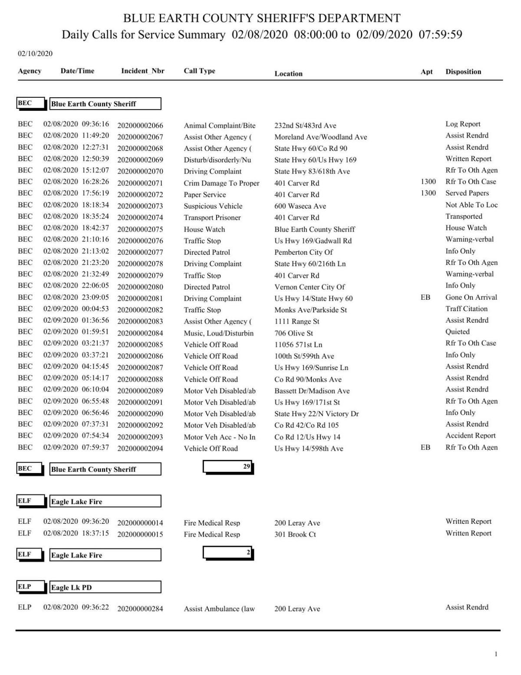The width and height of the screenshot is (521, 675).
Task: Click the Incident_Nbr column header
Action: (142, 71)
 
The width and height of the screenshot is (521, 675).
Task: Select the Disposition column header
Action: (463, 72)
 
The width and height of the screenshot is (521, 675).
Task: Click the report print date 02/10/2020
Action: (35, 54)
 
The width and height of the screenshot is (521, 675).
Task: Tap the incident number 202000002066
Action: (140, 126)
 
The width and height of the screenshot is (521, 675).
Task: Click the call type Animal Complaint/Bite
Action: (219, 126)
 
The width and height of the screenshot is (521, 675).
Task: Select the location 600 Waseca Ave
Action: (300, 206)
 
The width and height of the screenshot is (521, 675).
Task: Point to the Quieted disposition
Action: (458, 331)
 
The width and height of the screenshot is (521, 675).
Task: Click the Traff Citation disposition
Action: (466, 309)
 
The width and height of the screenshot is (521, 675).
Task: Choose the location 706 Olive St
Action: (293, 333)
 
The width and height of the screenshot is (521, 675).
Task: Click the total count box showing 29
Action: (228, 467)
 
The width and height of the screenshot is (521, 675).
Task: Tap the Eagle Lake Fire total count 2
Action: (228, 553)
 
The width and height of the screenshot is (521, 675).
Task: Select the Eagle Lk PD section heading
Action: (105, 587)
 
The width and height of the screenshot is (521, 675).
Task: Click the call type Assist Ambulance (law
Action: (219, 609)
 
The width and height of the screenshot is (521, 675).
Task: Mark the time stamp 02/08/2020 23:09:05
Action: (76, 298)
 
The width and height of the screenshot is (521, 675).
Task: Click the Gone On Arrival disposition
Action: (471, 298)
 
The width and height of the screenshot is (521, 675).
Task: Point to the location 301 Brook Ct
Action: (295, 534)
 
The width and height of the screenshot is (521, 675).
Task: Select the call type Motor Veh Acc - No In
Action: (219, 437)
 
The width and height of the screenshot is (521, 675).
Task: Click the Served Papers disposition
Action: (467, 193)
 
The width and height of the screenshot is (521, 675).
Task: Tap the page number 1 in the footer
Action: (496, 654)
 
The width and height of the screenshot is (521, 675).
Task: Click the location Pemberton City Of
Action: (303, 252)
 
